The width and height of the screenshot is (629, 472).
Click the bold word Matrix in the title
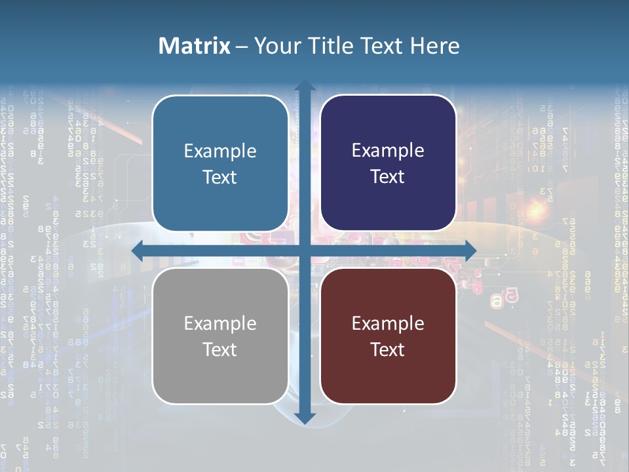tap(195, 46)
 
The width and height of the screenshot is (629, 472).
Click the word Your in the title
tap(275, 46)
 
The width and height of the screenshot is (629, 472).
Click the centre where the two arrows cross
tap(305, 250)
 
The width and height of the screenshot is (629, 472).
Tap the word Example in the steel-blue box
tap(220, 151)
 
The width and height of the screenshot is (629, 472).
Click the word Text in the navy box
tap(388, 177)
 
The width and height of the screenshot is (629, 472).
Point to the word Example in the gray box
tap(220, 324)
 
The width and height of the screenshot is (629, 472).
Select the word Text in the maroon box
tap(388, 349)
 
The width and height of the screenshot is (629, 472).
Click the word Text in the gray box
tap(220, 349)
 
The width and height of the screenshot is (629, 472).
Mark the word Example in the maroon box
tap(388, 324)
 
